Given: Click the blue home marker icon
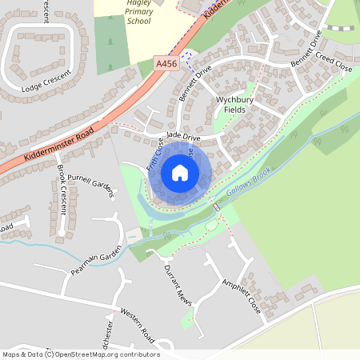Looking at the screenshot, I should [180, 173].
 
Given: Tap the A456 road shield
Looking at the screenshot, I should [165, 62].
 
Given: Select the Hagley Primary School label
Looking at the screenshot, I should [138, 14].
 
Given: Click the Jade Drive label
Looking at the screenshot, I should [183, 137].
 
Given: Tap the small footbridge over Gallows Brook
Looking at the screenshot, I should [215, 206].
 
